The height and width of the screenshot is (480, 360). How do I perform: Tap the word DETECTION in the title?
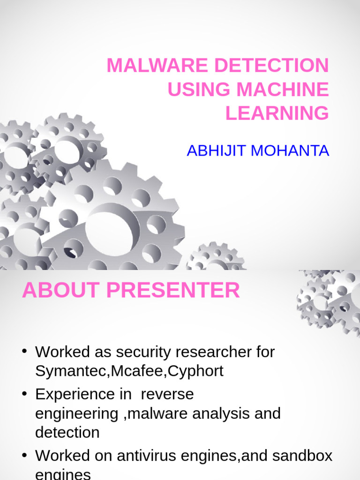272,66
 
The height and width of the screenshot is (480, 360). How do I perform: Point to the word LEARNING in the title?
277,113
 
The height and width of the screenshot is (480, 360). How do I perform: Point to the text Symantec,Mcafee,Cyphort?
129,371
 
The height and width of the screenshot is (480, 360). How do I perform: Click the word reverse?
167,394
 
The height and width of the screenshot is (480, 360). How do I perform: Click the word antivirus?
163,455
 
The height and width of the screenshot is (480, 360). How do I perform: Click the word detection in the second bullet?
67,432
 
